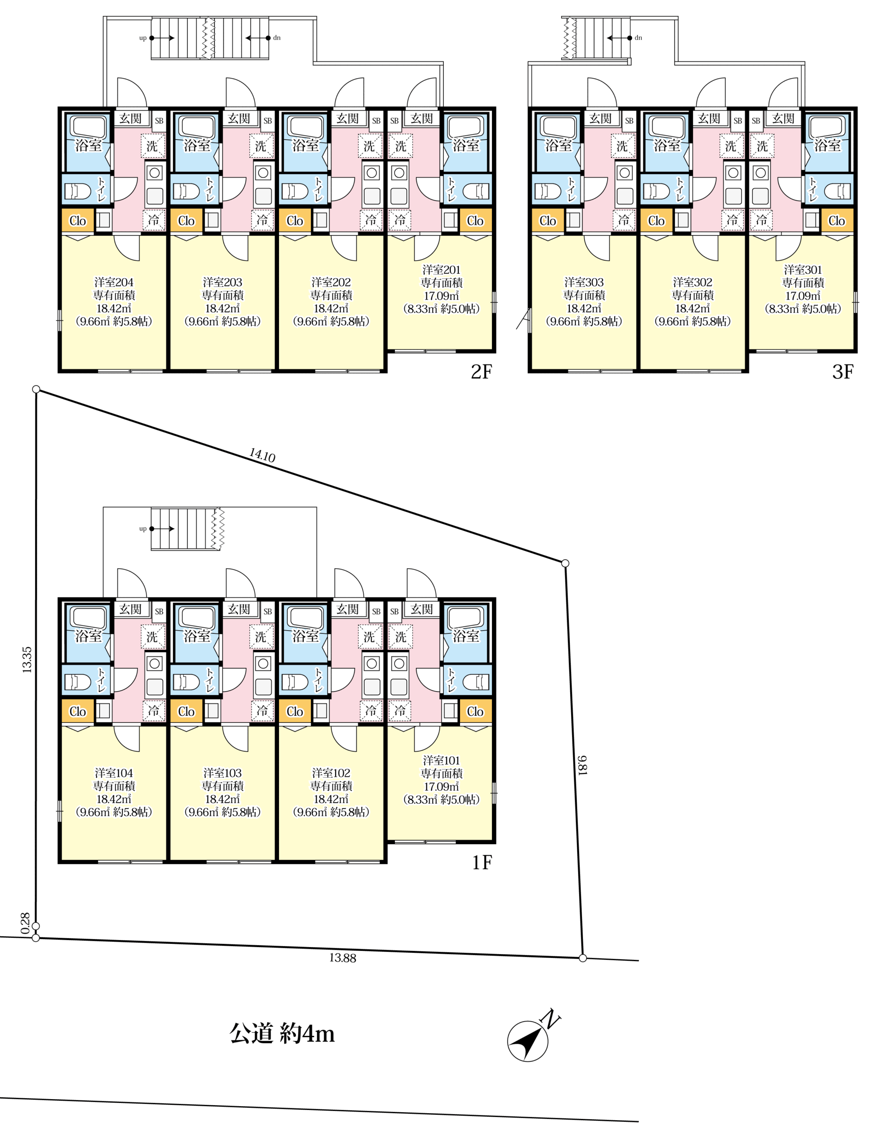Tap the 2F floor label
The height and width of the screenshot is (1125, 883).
481,372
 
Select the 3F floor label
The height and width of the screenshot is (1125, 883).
843,372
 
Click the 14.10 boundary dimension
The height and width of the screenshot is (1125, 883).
262,455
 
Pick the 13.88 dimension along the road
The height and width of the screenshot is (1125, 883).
343,958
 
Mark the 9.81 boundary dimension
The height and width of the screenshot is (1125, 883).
582,765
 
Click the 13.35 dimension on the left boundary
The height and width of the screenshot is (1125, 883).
27,659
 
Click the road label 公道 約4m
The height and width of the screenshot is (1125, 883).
282,1034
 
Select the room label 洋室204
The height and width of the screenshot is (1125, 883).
114,282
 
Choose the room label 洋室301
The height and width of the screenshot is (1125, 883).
803,269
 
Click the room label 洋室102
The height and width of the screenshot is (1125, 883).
331,773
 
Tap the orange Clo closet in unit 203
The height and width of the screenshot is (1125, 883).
186,221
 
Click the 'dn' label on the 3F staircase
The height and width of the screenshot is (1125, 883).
638,38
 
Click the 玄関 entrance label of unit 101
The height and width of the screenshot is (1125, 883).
422,609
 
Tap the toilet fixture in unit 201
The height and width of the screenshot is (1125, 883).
476,191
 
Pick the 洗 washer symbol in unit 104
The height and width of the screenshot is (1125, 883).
152,636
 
